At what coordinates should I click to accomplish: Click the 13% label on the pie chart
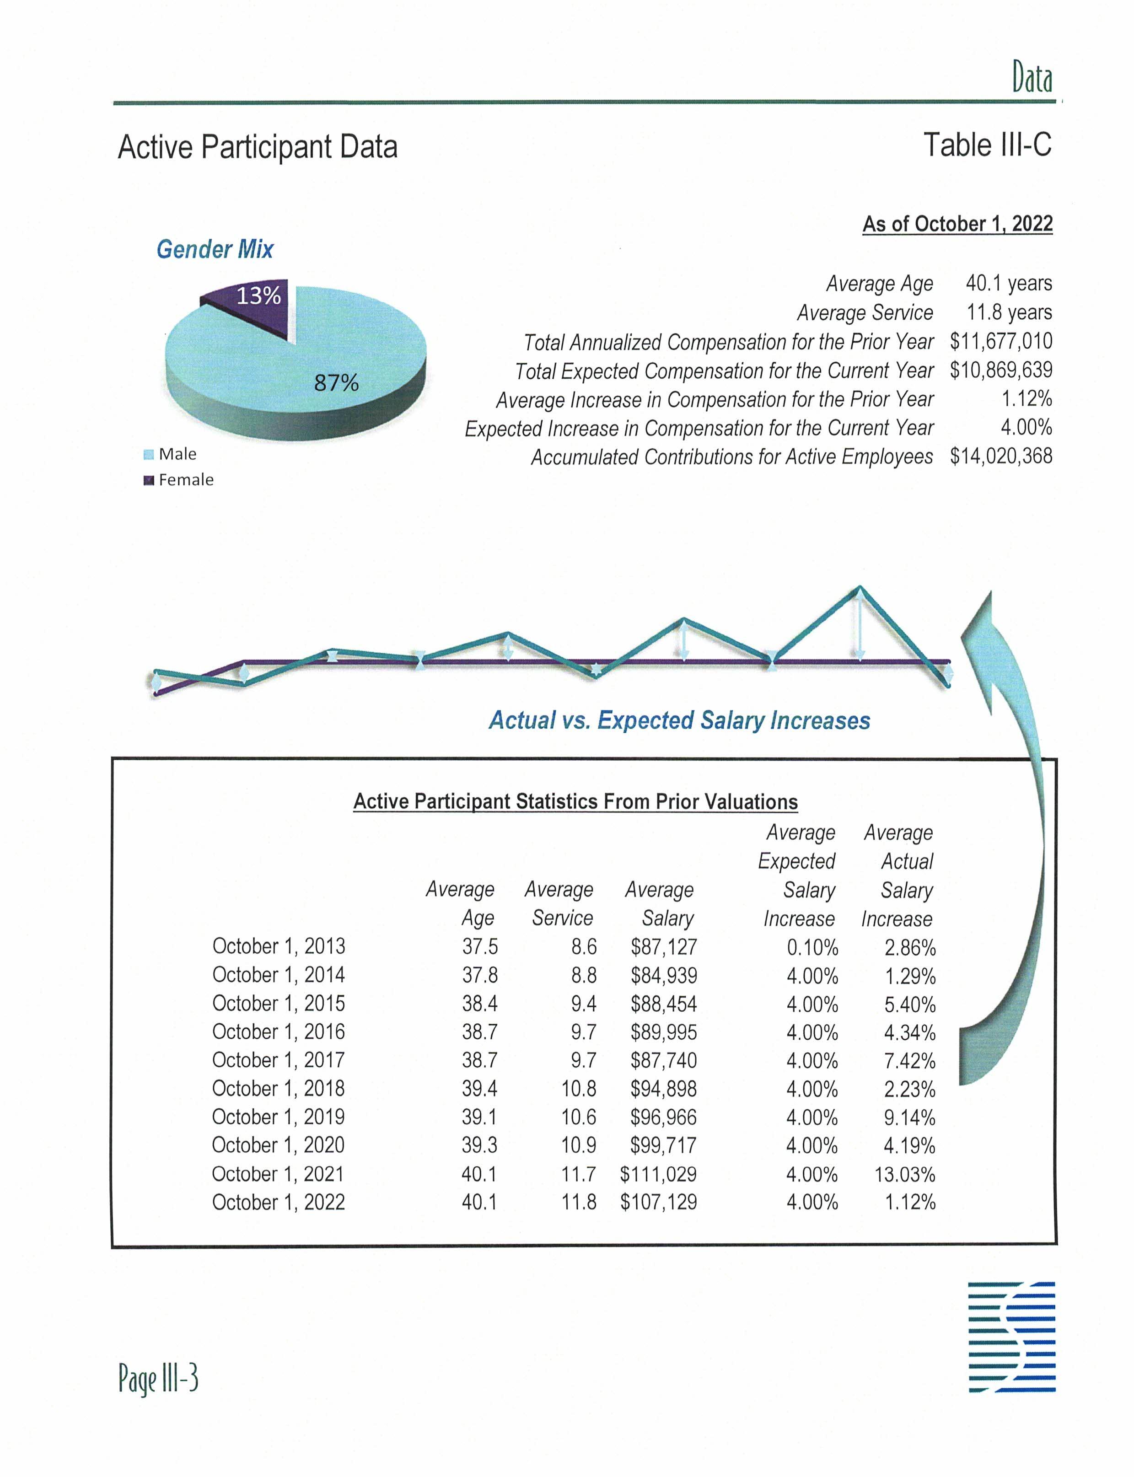[258, 295]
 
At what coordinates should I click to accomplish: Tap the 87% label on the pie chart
[336, 383]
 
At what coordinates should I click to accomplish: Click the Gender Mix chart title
[215, 249]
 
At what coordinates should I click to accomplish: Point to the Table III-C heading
[987, 145]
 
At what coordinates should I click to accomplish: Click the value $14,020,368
[1000, 457]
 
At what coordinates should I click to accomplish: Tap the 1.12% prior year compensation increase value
[1026, 399]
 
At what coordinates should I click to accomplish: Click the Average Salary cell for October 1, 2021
[658, 1174]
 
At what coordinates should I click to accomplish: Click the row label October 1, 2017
[278, 1060]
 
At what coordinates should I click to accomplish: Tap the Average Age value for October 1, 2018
[479, 1089]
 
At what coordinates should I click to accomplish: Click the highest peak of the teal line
[859, 588]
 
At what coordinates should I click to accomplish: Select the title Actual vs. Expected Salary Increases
[679, 720]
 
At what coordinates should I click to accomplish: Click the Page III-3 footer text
[158, 1378]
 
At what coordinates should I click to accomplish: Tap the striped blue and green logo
[1011, 1336]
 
